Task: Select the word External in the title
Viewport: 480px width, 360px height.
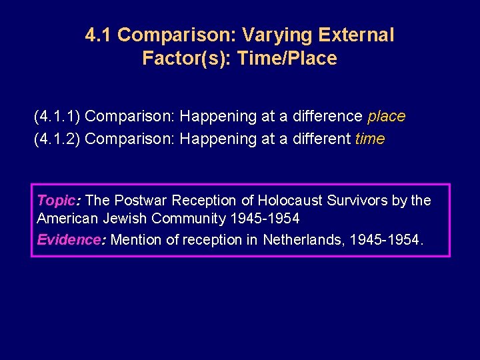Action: point(357,35)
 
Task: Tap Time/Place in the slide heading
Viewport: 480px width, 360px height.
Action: point(294,59)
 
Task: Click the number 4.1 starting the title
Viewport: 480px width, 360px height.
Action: point(99,35)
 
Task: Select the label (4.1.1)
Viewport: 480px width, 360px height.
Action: point(57,117)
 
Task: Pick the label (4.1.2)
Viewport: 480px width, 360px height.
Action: point(57,139)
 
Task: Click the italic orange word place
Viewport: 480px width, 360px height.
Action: point(386,117)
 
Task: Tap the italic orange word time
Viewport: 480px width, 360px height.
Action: point(370,139)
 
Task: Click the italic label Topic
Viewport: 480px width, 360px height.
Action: point(57,201)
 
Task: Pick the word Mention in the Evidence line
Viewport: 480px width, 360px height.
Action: point(133,240)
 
